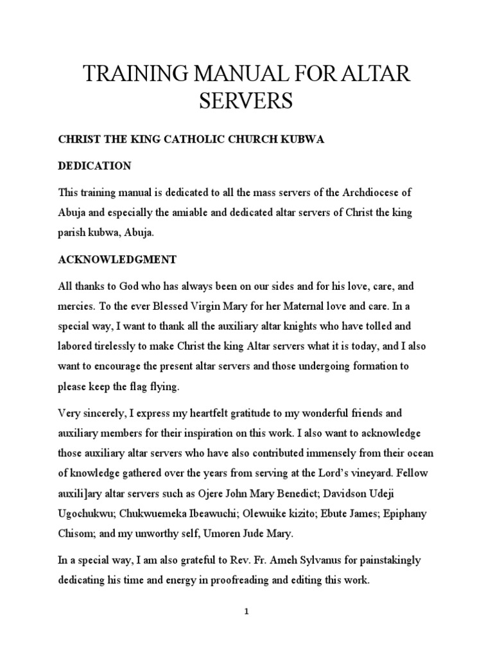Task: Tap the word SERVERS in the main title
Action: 246,102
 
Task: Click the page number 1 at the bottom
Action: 246,612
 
